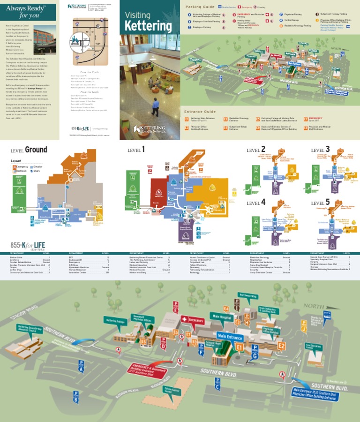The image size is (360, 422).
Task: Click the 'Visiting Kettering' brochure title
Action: [x=148, y=21]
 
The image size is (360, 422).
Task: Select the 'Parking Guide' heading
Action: [x=200, y=7]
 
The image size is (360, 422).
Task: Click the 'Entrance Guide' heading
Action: [x=200, y=112]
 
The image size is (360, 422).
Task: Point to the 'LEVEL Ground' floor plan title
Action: [x=29, y=150]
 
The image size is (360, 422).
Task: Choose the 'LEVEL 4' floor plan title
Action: [x=256, y=202]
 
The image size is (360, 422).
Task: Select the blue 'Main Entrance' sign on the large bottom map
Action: [x=230, y=337]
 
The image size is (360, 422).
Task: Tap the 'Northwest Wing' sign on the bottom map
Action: [x=247, y=295]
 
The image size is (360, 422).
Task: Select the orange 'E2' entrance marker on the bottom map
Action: [x=281, y=346]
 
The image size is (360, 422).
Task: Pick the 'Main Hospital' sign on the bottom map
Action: [x=222, y=316]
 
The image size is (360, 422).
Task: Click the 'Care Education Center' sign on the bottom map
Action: [x=314, y=347]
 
